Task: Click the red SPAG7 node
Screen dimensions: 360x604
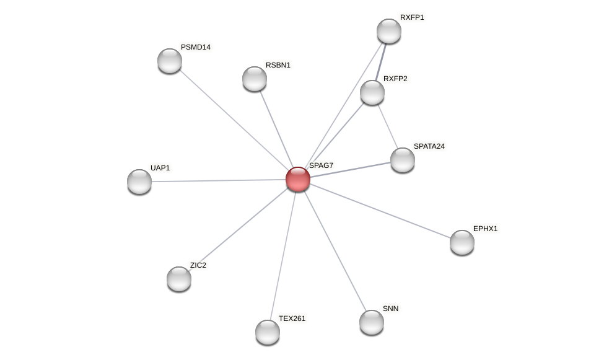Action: [x=298, y=179]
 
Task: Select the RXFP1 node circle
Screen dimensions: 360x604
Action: [x=389, y=31]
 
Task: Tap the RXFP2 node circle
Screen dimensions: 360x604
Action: [x=372, y=92]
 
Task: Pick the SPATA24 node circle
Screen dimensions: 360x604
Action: [x=403, y=160]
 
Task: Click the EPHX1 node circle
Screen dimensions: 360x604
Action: [x=462, y=242]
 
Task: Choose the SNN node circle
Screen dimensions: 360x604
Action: [x=372, y=322]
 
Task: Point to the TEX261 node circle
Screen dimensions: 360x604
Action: [x=268, y=332]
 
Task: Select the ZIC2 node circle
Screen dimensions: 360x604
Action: [x=179, y=279]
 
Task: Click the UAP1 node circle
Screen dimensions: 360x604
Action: [x=139, y=182]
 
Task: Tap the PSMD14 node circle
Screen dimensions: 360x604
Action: [x=170, y=61]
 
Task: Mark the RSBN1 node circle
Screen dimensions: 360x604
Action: [x=255, y=79]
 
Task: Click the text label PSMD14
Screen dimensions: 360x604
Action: [x=196, y=47]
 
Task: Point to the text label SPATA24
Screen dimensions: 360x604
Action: [x=429, y=146]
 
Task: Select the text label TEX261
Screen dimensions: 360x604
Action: [x=292, y=318]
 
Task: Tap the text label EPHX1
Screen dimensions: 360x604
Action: [x=485, y=229]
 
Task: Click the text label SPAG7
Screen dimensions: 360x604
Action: [x=322, y=165]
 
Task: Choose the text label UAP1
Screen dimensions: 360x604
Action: [x=160, y=168]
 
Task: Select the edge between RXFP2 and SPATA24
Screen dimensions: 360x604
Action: [x=388, y=127]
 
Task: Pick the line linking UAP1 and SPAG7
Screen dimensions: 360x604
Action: [x=217, y=180]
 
